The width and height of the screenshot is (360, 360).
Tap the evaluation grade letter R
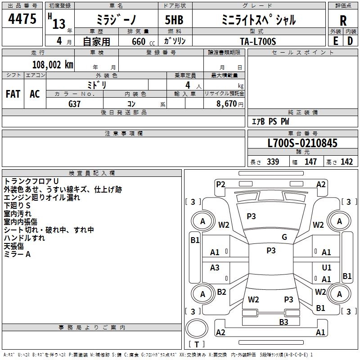tap(343, 21)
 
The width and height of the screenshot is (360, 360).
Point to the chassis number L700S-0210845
tap(302, 144)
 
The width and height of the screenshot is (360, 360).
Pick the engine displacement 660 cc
tap(140, 41)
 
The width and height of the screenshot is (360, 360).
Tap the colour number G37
tap(74, 103)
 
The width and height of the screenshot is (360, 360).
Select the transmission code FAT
tap(13, 94)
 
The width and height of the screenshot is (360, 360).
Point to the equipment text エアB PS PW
tap(270, 121)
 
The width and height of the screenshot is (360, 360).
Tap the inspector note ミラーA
tap(17, 254)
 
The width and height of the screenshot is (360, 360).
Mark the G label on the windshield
tap(284, 237)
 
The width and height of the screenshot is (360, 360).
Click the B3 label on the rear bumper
tap(283, 322)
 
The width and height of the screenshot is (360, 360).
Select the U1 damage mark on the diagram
tap(327, 268)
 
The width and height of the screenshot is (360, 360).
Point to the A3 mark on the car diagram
tap(215, 268)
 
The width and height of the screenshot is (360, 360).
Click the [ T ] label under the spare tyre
tap(196, 345)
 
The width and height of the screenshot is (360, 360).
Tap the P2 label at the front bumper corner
tap(220, 184)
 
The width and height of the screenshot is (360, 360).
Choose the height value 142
tap(346, 162)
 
